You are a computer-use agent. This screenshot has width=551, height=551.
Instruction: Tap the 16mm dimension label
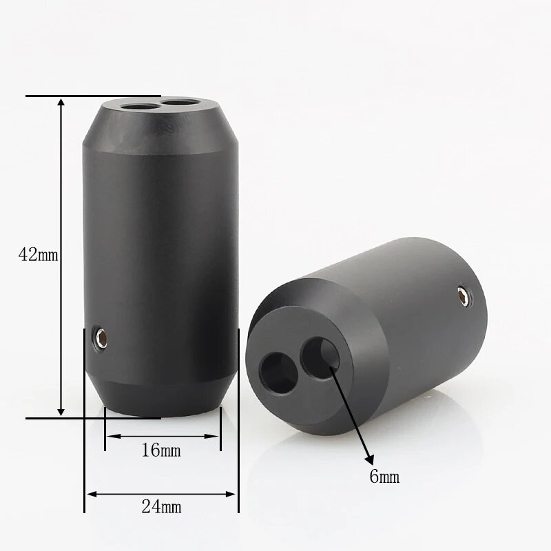[160, 451]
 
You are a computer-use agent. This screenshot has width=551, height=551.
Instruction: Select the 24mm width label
[161, 508]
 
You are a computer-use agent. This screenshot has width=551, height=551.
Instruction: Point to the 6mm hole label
[384, 476]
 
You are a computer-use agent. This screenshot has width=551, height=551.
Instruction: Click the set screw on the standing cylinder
[102, 337]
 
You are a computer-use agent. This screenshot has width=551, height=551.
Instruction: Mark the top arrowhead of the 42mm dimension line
[61, 103]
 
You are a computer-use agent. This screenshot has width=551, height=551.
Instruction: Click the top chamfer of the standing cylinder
[161, 127]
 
